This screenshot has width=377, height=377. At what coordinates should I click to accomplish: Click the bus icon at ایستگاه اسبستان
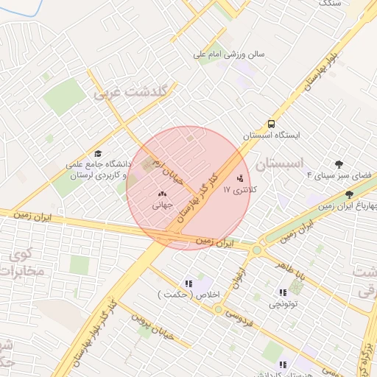(272, 124)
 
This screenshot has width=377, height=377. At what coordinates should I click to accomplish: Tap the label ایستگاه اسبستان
(272, 136)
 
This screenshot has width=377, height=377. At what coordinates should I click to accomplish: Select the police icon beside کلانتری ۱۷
(239, 178)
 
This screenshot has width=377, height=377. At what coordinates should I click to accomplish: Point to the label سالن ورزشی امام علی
(229, 54)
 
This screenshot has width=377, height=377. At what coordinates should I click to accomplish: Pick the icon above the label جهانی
(162, 194)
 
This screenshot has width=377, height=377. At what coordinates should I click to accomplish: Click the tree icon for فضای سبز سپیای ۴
(339, 164)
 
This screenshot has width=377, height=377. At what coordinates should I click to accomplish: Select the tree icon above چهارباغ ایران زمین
(348, 194)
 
